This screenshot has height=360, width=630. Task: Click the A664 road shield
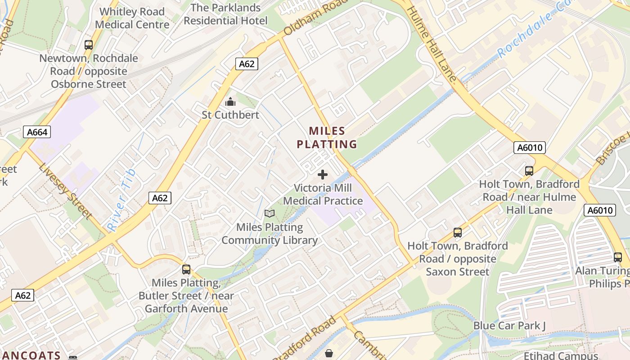[x=37, y=132]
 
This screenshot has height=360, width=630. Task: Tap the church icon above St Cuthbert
[x=230, y=102]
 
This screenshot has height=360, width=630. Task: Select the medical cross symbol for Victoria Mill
[x=323, y=175]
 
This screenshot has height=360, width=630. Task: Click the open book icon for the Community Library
[x=270, y=214]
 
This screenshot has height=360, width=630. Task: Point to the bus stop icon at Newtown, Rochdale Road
[x=89, y=45]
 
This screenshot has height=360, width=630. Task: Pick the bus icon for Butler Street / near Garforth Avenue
[x=186, y=270]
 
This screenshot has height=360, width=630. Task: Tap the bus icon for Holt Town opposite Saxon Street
[x=458, y=233]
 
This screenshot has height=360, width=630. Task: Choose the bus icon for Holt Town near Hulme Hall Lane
[x=529, y=171]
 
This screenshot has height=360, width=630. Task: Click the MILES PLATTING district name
[x=327, y=138]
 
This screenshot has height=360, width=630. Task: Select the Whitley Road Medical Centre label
[x=132, y=18]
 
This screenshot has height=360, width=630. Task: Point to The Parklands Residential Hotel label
[x=225, y=14]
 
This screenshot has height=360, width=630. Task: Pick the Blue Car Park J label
[x=509, y=325]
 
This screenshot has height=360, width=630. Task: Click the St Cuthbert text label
[x=230, y=115]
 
